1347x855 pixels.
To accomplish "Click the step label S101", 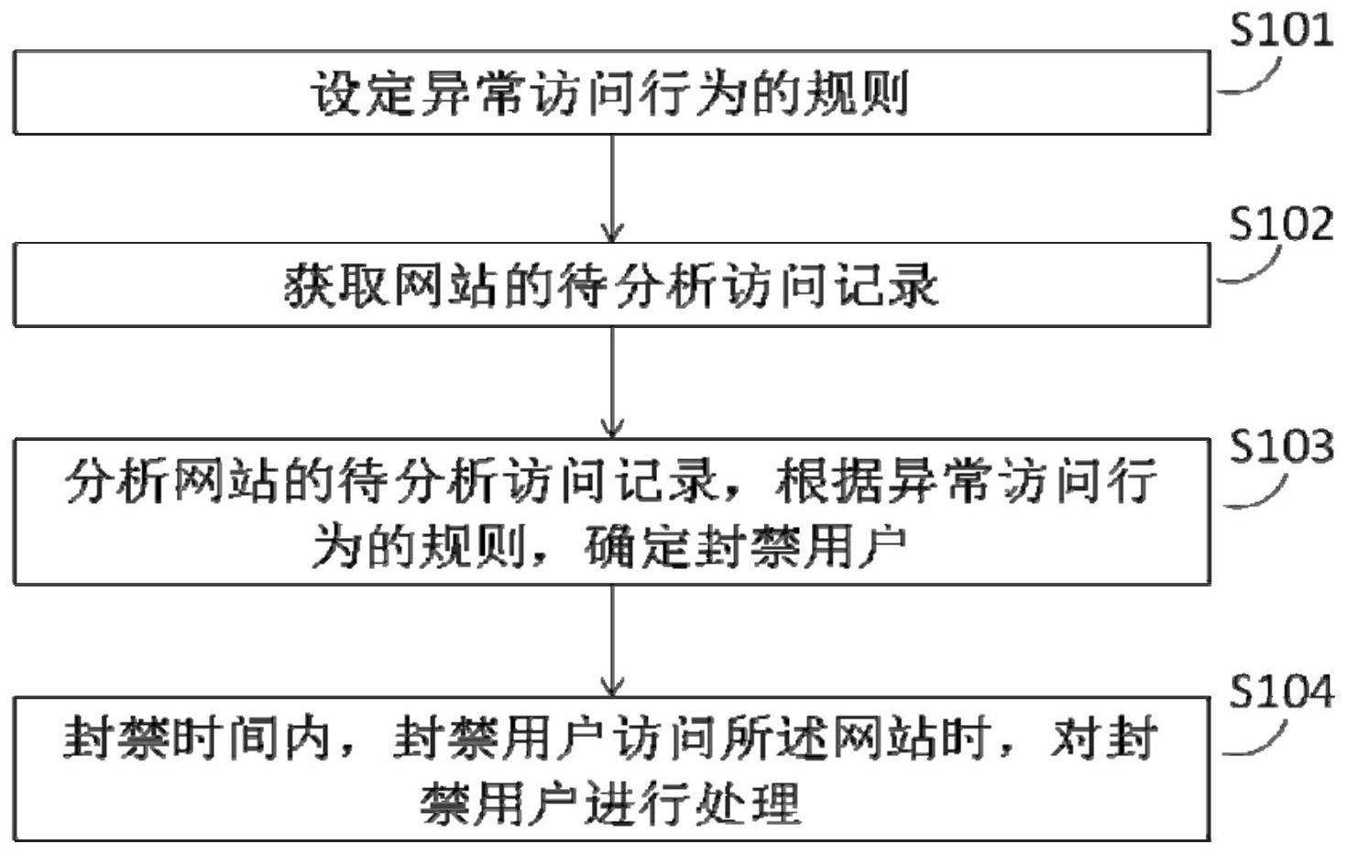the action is (1281, 29).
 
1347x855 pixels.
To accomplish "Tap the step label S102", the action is (1281, 224).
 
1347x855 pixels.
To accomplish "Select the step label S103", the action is (1281, 446).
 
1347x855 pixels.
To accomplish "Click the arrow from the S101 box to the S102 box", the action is (611, 188).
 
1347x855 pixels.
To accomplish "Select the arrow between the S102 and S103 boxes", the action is (611, 382).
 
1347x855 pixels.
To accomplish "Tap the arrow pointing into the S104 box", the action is (611, 641).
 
